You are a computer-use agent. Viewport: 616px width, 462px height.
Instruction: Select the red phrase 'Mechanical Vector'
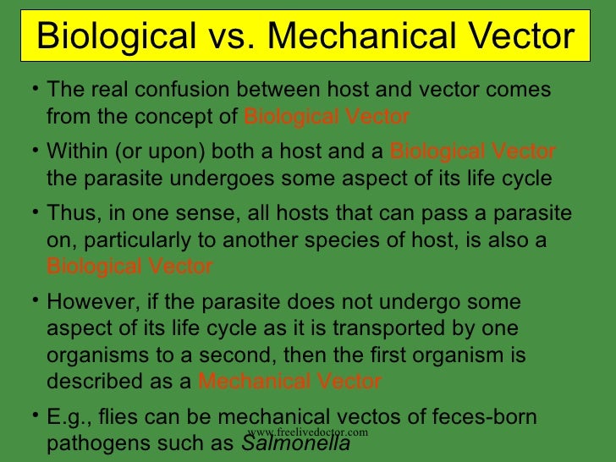[x=289, y=382]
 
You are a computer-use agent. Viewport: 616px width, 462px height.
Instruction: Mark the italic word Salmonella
[x=296, y=444]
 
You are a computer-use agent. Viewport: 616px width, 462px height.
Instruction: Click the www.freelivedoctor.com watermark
[x=307, y=432]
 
